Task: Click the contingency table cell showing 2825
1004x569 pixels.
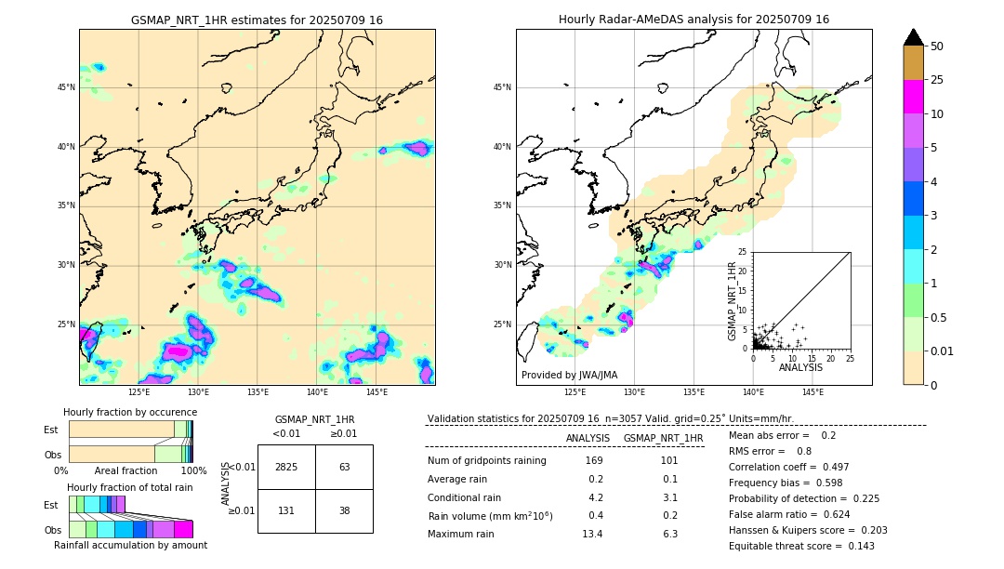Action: (286, 467)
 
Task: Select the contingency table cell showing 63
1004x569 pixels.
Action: (344, 467)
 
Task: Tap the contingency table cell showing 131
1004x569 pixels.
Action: (286, 510)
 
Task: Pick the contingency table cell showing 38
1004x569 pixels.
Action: (344, 510)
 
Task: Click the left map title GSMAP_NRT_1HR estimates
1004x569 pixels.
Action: (257, 20)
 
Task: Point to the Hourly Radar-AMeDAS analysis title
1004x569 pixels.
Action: (694, 20)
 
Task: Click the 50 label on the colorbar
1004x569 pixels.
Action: (937, 46)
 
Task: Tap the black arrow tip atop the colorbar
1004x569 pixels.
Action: (914, 36)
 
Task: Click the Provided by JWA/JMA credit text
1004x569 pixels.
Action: (569, 375)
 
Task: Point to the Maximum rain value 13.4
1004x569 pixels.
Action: (593, 534)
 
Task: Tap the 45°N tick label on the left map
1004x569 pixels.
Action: (65, 87)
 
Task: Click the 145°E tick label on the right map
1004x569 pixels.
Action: (812, 392)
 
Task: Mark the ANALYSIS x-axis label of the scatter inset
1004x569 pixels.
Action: (800, 367)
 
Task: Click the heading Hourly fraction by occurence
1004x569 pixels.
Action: (130, 412)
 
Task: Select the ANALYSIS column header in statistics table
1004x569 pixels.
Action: (588, 438)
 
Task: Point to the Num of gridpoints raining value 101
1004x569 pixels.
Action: (669, 461)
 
